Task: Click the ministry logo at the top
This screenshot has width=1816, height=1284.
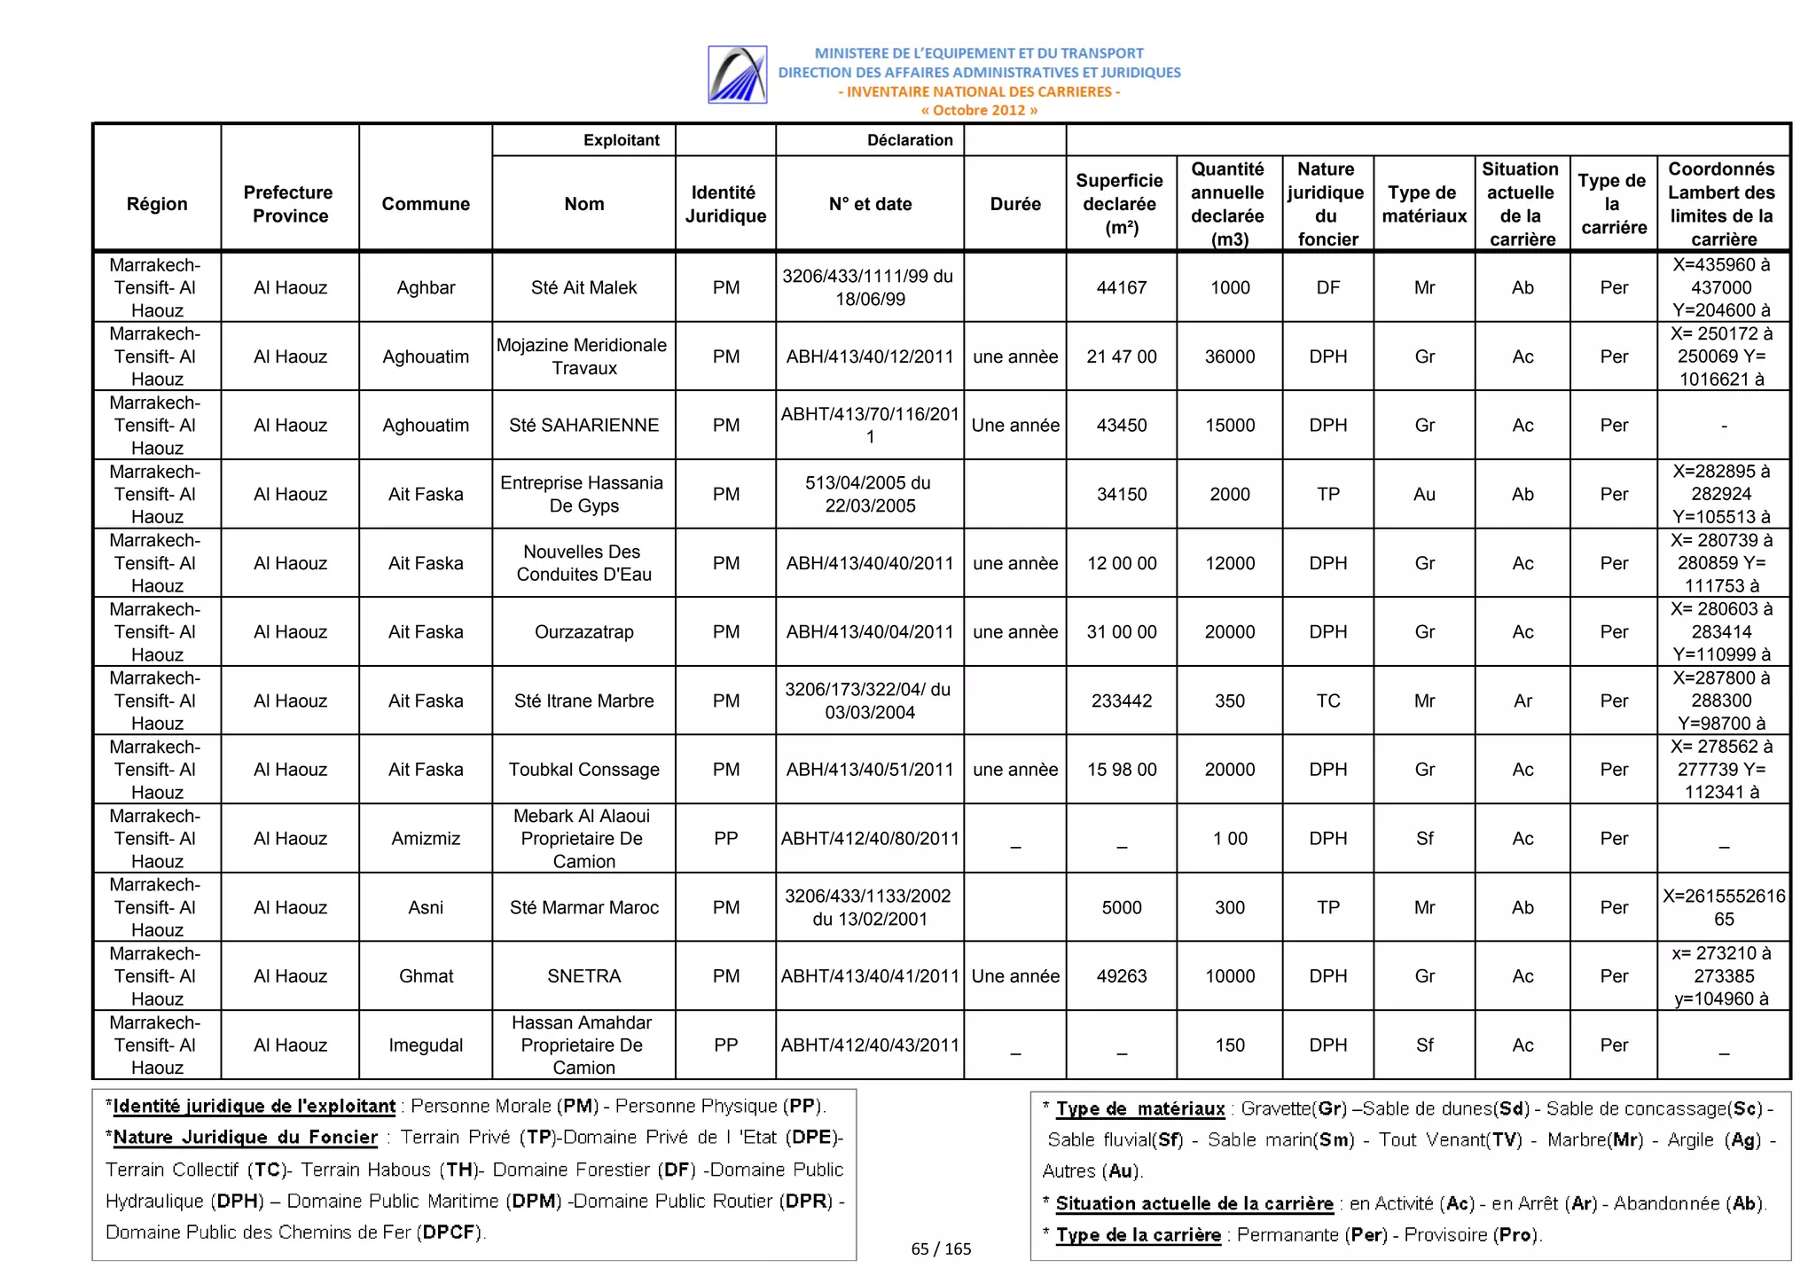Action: (737, 74)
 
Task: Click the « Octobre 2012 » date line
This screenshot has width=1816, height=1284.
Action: (978, 110)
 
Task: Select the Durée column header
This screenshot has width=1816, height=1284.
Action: (1014, 204)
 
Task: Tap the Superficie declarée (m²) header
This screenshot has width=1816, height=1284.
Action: (1121, 204)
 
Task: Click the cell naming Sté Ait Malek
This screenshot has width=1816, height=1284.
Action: (583, 287)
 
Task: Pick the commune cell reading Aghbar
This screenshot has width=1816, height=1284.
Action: (426, 287)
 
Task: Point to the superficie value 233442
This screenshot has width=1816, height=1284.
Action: (1121, 701)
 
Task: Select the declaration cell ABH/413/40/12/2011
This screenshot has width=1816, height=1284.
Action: (869, 356)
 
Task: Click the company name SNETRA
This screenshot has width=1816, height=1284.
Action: (583, 976)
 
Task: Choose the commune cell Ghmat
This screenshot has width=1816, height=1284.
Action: (426, 976)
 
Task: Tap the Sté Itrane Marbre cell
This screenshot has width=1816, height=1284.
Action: (583, 701)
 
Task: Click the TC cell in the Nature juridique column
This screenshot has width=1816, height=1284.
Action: (1327, 701)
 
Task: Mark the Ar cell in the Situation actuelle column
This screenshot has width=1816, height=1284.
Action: (1522, 701)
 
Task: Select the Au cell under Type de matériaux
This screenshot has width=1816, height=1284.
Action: (1424, 494)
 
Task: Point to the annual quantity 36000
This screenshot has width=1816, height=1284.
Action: (1229, 356)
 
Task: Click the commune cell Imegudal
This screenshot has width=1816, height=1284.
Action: (426, 1045)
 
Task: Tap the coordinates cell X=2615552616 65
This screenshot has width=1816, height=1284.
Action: (1723, 907)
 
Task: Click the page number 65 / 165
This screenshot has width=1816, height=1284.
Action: (941, 1249)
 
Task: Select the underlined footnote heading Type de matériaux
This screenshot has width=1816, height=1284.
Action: (1139, 1108)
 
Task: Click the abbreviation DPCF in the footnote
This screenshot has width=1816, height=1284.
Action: (450, 1232)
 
